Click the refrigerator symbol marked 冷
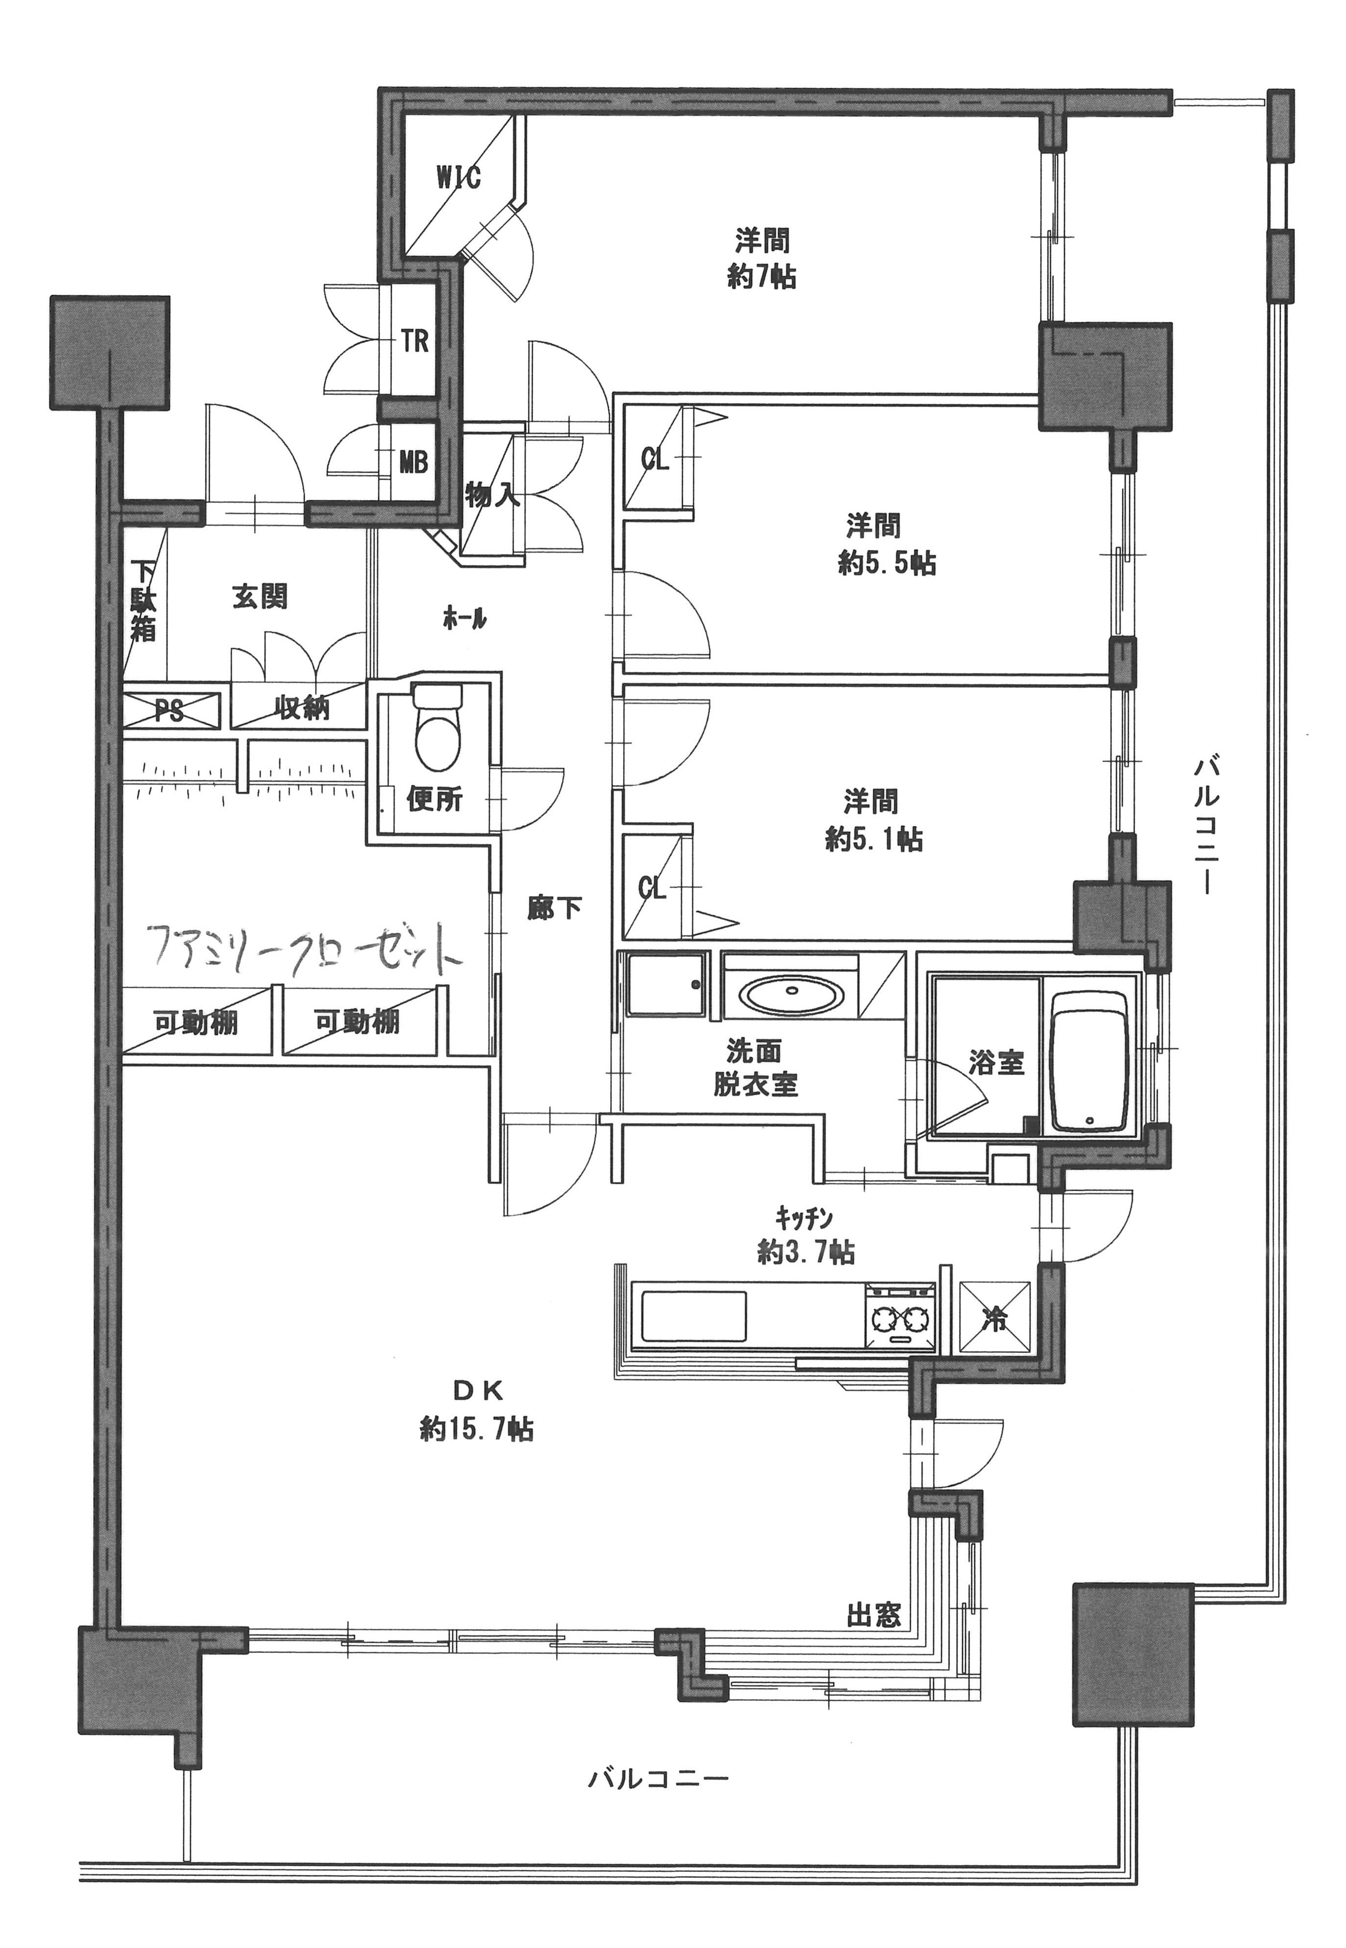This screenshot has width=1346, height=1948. coord(996,1319)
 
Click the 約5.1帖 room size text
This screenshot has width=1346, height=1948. coord(874,839)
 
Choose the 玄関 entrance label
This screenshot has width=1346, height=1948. coord(260,596)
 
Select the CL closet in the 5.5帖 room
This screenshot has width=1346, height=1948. coord(657,458)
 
